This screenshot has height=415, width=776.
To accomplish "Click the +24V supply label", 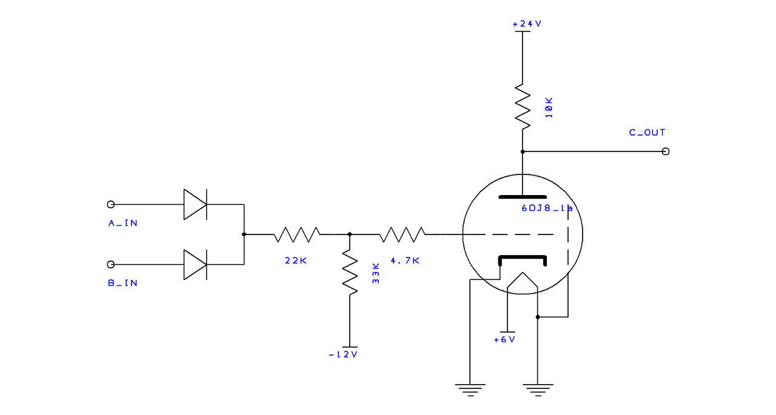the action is tap(527, 24).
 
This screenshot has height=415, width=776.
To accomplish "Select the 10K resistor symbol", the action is tap(523, 107).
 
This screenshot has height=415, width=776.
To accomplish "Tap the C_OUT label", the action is tap(647, 133).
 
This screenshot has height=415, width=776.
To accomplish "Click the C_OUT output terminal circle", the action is tap(666, 151).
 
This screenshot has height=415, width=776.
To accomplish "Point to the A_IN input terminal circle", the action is tap(110, 205).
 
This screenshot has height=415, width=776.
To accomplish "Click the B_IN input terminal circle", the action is tap(110, 264).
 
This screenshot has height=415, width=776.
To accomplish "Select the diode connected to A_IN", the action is tap(195, 205).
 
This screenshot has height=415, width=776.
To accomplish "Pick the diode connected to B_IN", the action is tap(195, 264).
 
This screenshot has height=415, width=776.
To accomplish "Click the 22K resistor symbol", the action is tap(296, 234).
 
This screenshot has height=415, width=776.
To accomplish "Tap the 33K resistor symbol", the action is tap(350, 273).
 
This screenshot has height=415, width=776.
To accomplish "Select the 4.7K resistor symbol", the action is tap(402, 234).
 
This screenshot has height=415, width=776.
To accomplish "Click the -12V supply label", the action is tap(343, 355).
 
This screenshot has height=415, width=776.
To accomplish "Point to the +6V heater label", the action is tap(505, 340).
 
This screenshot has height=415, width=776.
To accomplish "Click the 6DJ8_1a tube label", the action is tap(547, 208).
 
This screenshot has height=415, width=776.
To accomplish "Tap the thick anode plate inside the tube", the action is tap(523, 197).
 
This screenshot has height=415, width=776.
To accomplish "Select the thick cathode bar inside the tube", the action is tap(523, 257).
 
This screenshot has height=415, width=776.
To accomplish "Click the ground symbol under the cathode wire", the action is tap(470, 390).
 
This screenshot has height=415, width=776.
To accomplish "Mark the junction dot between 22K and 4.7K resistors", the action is tap(350, 234).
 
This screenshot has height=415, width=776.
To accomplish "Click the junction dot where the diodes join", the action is tap(244, 234).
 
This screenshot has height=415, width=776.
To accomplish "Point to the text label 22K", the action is tap(296, 261).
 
